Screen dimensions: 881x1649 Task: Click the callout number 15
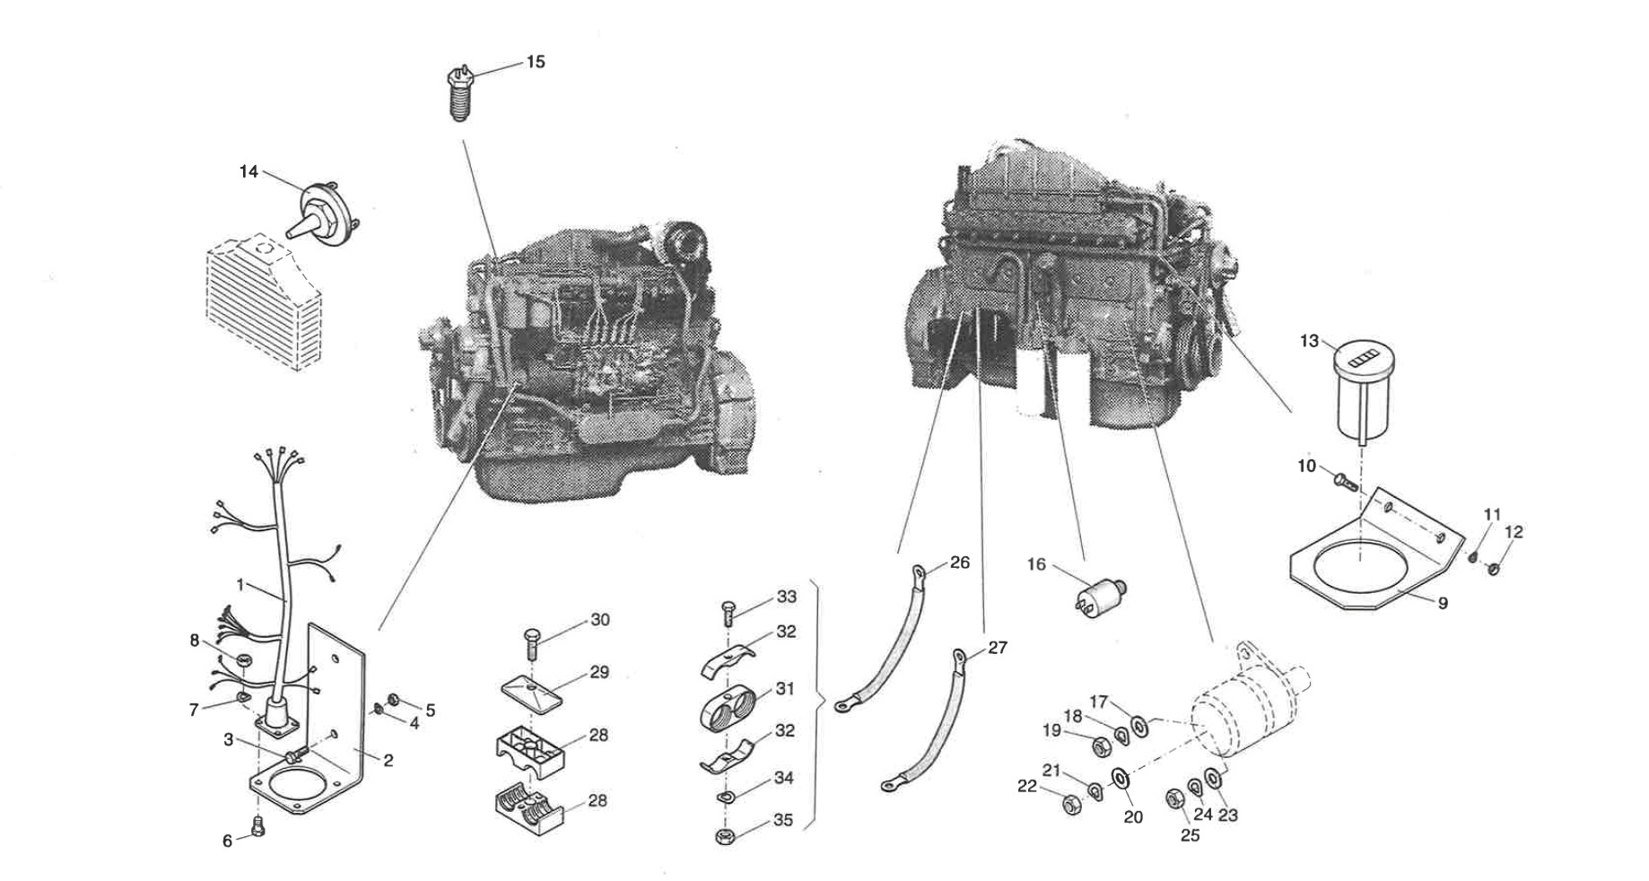pyautogui.click(x=535, y=62)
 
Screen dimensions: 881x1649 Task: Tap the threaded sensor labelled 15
pyautogui.click(x=459, y=94)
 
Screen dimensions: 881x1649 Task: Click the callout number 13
pyautogui.click(x=1309, y=341)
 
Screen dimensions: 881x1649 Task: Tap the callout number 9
pyautogui.click(x=1443, y=604)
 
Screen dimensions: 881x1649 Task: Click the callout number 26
pyautogui.click(x=960, y=563)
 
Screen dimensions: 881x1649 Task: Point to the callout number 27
pyautogui.click(x=998, y=647)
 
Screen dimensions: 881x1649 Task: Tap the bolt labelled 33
pyautogui.click(x=728, y=614)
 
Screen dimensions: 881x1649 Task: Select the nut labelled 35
pyautogui.click(x=724, y=838)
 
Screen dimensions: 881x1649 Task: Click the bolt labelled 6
pyautogui.click(x=258, y=830)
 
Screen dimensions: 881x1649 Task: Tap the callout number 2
pyautogui.click(x=388, y=761)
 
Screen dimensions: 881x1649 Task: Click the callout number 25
pyautogui.click(x=1189, y=835)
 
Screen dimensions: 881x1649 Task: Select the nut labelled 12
pyautogui.click(x=1494, y=568)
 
